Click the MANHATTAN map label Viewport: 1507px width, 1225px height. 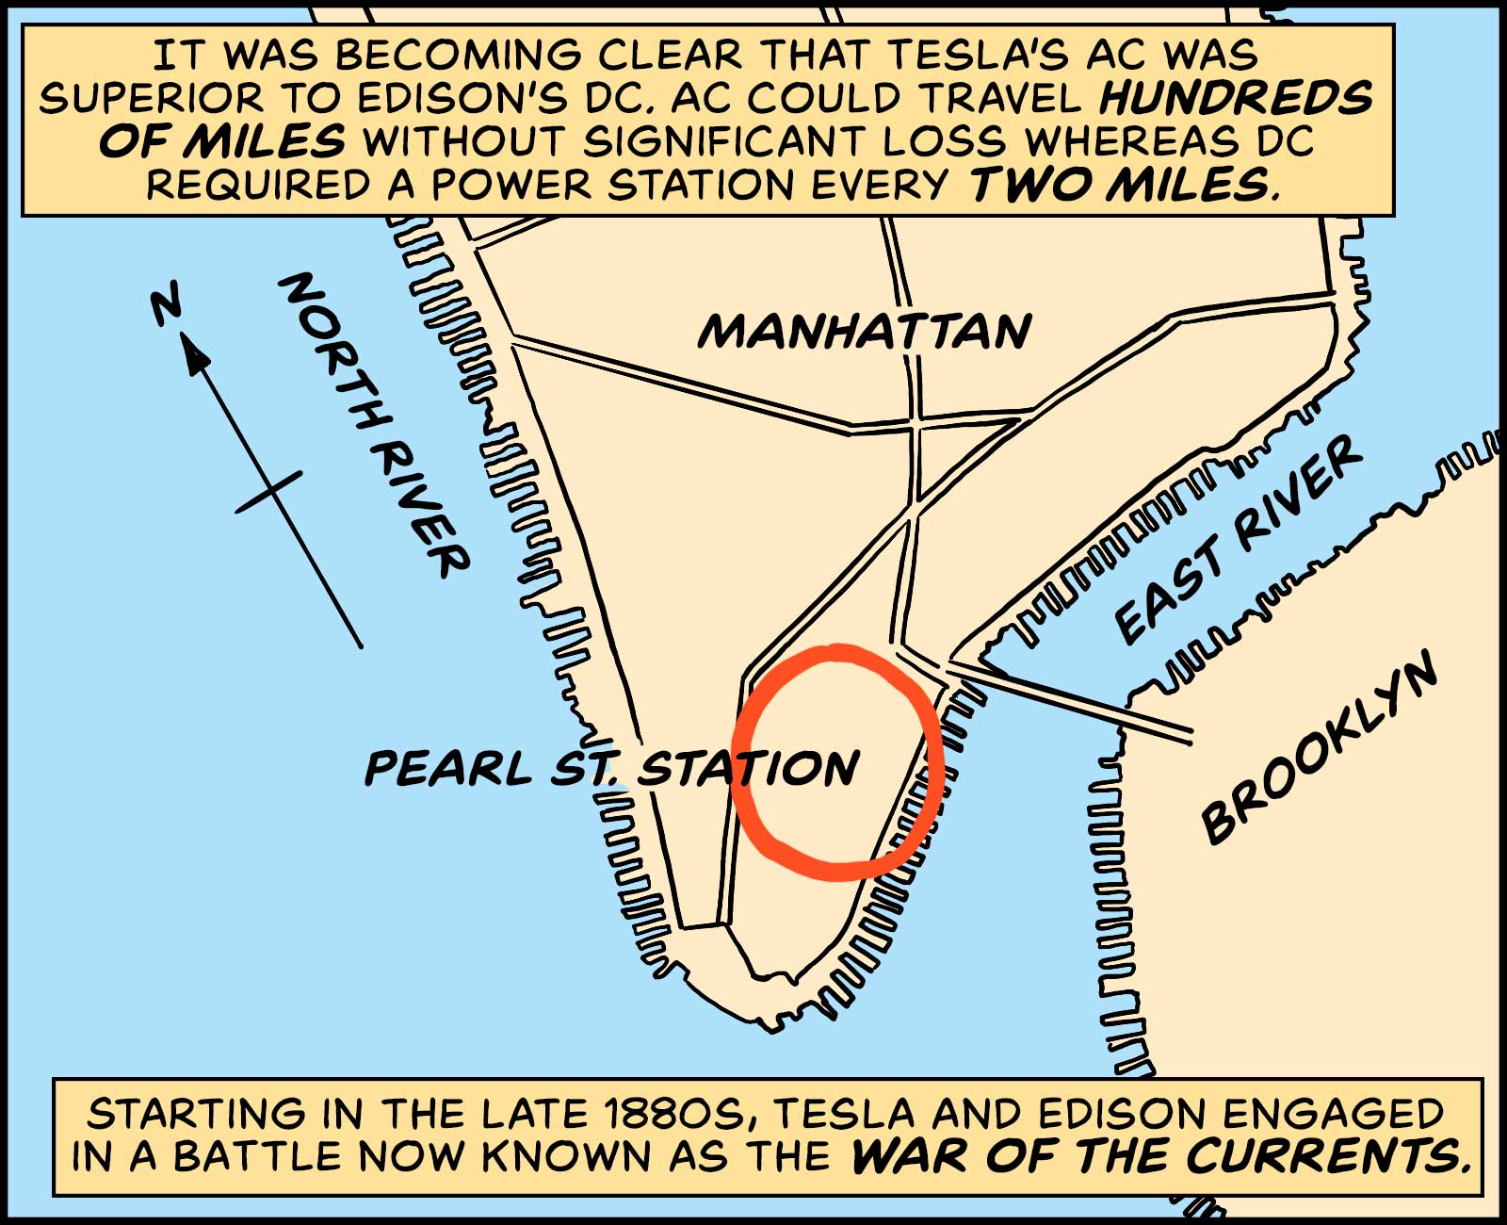click(x=865, y=332)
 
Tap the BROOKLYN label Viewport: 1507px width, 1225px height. click(x=1319, y=749)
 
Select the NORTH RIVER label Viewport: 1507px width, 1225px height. click(x=372, y=424)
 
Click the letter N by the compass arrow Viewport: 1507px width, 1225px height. click(x=167, y=306)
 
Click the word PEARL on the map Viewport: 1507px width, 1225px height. click(x=448, y=768)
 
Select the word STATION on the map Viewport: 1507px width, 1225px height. click(x=749, y=768)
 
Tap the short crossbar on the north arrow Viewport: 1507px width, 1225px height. click(x=268, y=492)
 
